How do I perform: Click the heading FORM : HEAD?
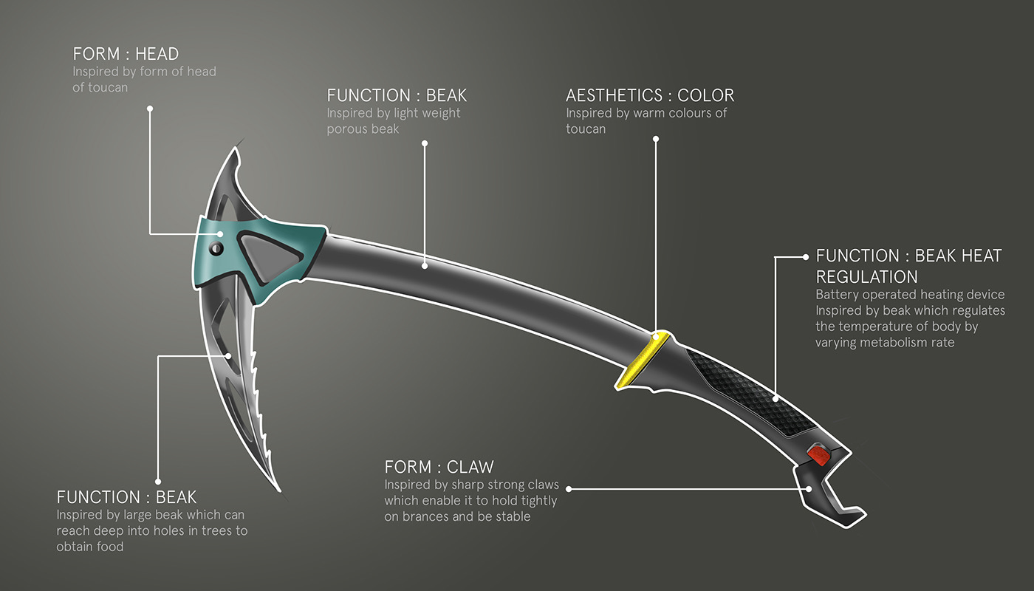coord(126,54)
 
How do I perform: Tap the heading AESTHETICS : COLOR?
coord(650,95)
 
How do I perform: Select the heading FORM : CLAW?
coord(439,467)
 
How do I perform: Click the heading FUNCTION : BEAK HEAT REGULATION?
coord(908,266)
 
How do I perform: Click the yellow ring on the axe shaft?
coord(642,360)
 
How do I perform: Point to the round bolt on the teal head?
coord(216,248)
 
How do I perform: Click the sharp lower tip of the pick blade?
coord(278,488)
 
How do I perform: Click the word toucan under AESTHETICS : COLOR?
coord(586,129)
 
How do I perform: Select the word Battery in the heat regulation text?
coord(836,295)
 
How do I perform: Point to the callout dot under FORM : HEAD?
coord(149,109)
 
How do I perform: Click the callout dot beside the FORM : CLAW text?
coord(569,488)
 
